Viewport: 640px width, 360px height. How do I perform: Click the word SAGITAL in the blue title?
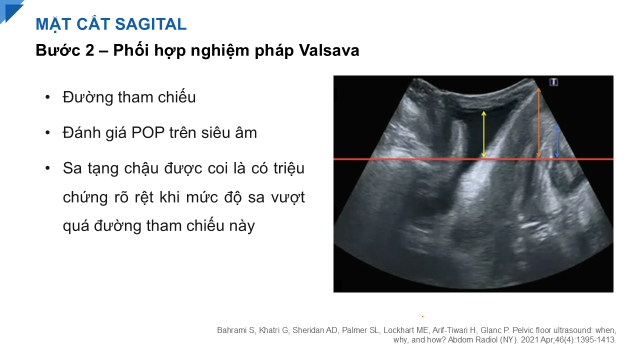151,24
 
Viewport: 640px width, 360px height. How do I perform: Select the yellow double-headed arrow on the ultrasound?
483,134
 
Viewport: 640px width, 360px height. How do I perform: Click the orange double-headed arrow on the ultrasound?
538,122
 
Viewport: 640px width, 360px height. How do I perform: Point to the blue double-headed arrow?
557,141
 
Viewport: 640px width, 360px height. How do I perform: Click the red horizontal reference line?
473,159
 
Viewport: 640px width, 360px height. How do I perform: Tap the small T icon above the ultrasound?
553,82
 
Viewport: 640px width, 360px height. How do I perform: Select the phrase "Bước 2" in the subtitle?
65,50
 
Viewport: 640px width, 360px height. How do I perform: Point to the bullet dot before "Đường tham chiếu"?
47,97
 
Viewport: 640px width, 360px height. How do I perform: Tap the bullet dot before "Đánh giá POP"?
47,133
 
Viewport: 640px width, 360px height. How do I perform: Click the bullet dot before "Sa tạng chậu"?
47,168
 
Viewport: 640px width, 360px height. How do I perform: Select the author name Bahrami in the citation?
231,330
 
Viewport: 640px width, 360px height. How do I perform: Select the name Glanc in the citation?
491,330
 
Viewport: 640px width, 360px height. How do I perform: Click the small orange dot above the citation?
422,316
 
